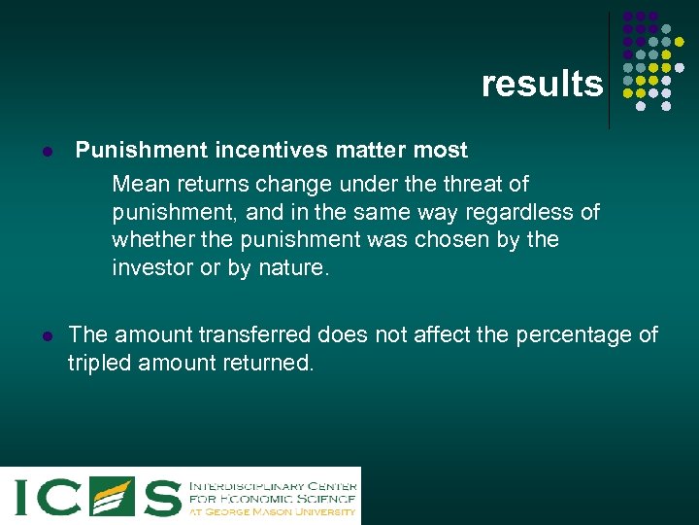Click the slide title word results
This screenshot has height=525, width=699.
pyautogui.click(x=542, y=85)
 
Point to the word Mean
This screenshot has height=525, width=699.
pyautogui.click(x=140, y=184)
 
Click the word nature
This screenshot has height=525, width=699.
pyautogui.click(x=293, y=268)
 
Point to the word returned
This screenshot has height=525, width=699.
pyautogui.click(x=271, y=364)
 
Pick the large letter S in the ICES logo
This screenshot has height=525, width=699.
pyautogui.click(x=161, y=496)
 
